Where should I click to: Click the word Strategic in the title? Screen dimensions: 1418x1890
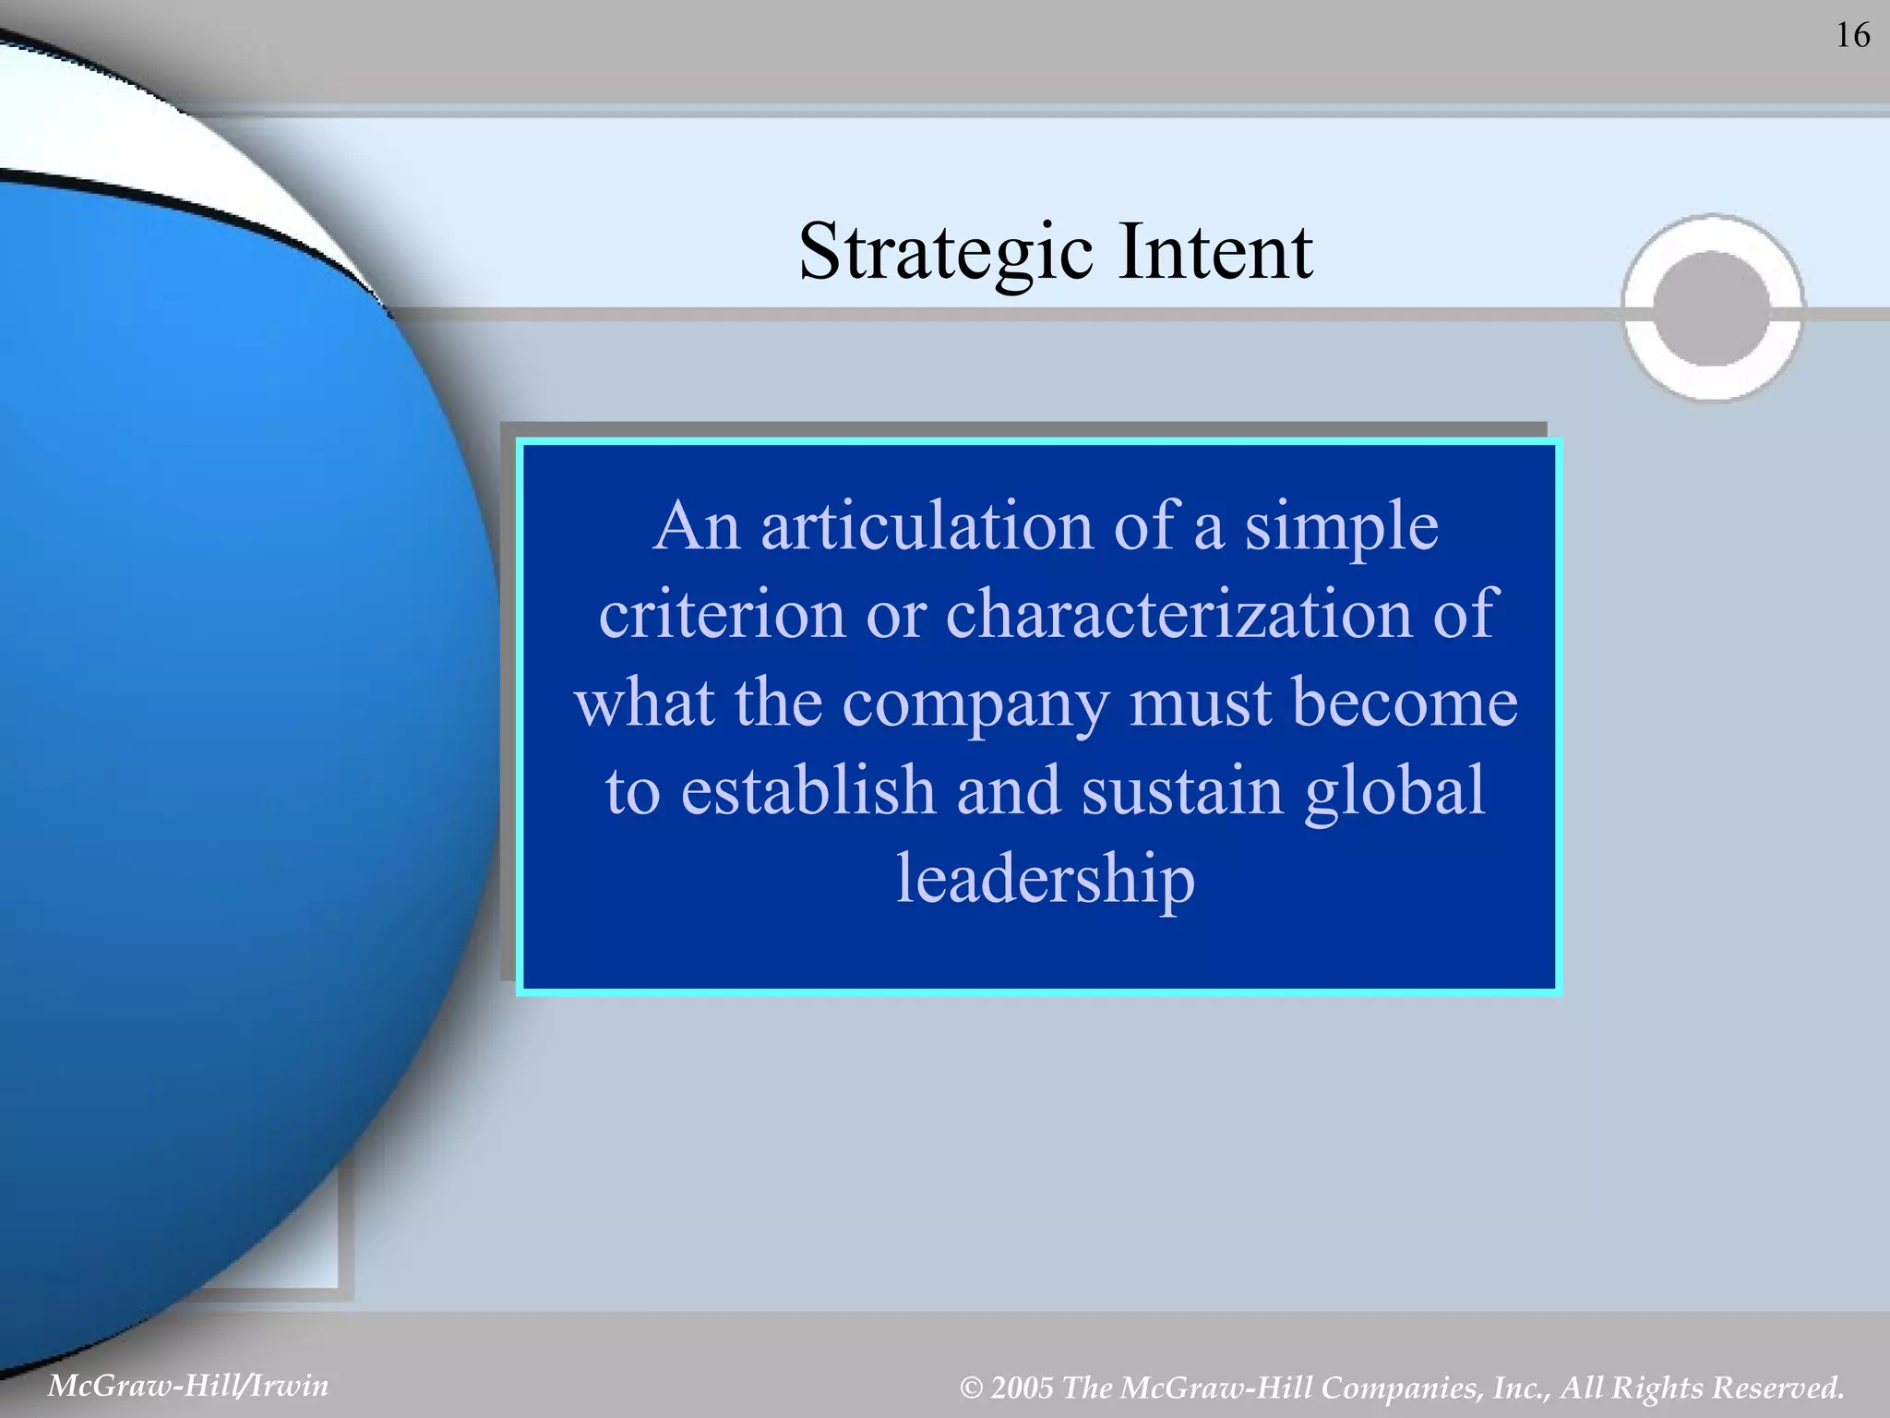946,252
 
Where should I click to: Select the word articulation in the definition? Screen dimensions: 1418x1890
927,526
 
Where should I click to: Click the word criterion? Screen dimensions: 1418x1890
722,614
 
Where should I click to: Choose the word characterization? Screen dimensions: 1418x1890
1178,614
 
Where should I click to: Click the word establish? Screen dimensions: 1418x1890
807,790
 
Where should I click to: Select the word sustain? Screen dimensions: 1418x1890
1182,790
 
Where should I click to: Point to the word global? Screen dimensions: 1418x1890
1394,792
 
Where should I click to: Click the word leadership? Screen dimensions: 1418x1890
1046,880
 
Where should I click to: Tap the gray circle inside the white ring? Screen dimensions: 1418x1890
1712,308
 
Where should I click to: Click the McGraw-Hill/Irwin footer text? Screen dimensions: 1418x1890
188,1386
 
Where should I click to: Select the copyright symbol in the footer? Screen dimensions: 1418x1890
970,1388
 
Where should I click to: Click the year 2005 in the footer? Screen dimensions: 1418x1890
1022,1388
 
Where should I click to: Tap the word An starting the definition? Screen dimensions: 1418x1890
697,526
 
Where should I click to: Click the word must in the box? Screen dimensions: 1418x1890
1200,703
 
